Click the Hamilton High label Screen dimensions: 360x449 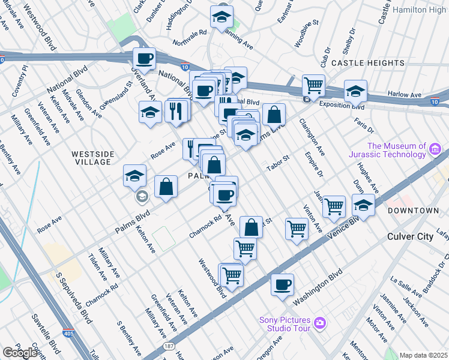(420, 10)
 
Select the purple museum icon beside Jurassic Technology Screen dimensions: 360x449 (436, 148)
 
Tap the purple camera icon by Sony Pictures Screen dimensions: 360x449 (320, 323)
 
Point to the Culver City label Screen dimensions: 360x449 (411, 236)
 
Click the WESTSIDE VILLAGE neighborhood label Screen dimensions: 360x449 (91, 158)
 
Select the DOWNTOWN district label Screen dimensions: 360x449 (413, 211)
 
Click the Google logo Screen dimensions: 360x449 (19, 353)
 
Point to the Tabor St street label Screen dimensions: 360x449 (278, 162)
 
